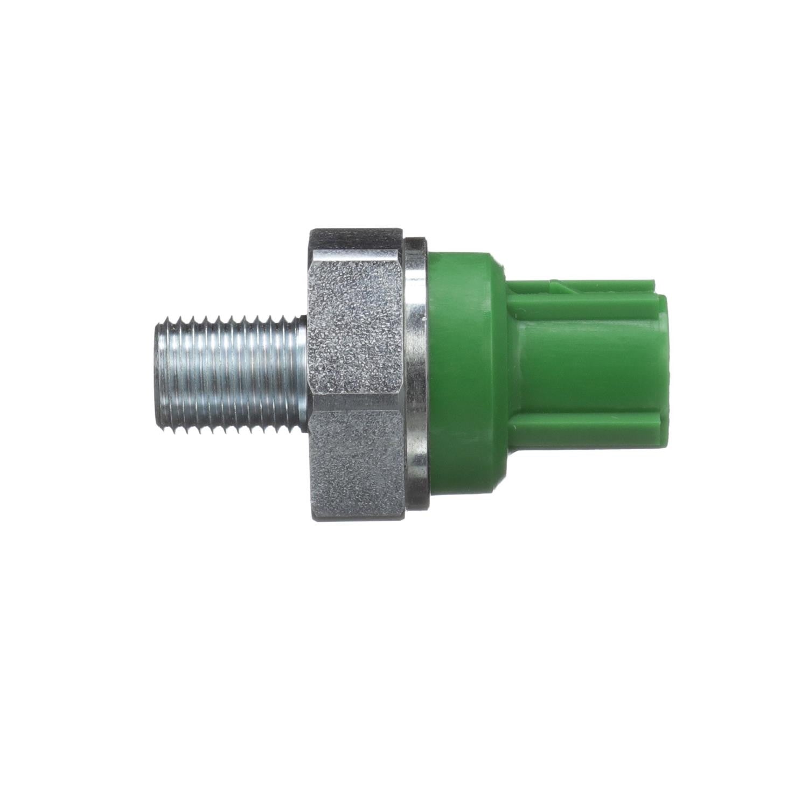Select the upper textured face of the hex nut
click(x=356, y=323)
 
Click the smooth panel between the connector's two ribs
click(x=587, y=372)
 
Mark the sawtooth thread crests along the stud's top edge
click(x=232, y=322)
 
